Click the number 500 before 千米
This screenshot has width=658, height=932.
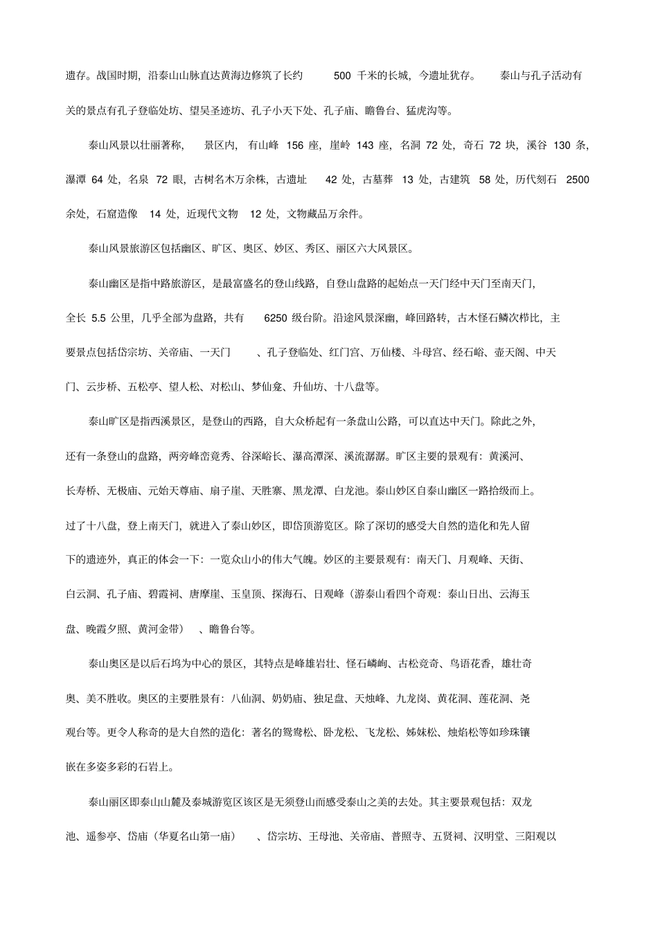tap(342, 76)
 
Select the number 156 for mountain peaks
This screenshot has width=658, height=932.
tap(294, 145)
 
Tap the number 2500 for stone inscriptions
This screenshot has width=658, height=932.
tap(578, 179)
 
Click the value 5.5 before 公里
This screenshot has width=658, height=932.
tap(98, 318)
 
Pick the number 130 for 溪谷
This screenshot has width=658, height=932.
tap(562, 145)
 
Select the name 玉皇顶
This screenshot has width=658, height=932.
tap(246, 595)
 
